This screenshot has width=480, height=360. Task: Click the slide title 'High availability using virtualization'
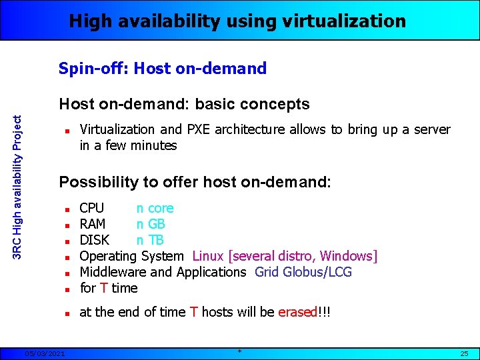pyautogui.click(x=237, y=21)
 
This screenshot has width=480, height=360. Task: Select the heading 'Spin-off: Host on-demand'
pyautogui.click(x=163, y=68)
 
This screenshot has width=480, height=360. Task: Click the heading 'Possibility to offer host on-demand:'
pyautogui.click(x=195, y=182)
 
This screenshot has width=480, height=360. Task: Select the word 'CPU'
pyautogui.click(x=91, y=208)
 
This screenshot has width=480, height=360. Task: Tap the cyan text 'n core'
pyautogui.click(x=155, y=208)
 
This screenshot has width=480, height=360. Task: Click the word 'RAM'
pyautogui.click(x=93, y=224)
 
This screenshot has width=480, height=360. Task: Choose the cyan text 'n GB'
pyautogui.click(x=151, y=224)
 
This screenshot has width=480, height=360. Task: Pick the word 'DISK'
pyautogui.click(x=94, y=240)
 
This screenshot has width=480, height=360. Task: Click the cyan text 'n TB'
pyautogui.click(x=150, y=240)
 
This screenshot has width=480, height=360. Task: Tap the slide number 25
pyautogui.click(x=464, y=353)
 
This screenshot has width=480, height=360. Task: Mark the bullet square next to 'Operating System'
pyautogui.click(x=67, y=257)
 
